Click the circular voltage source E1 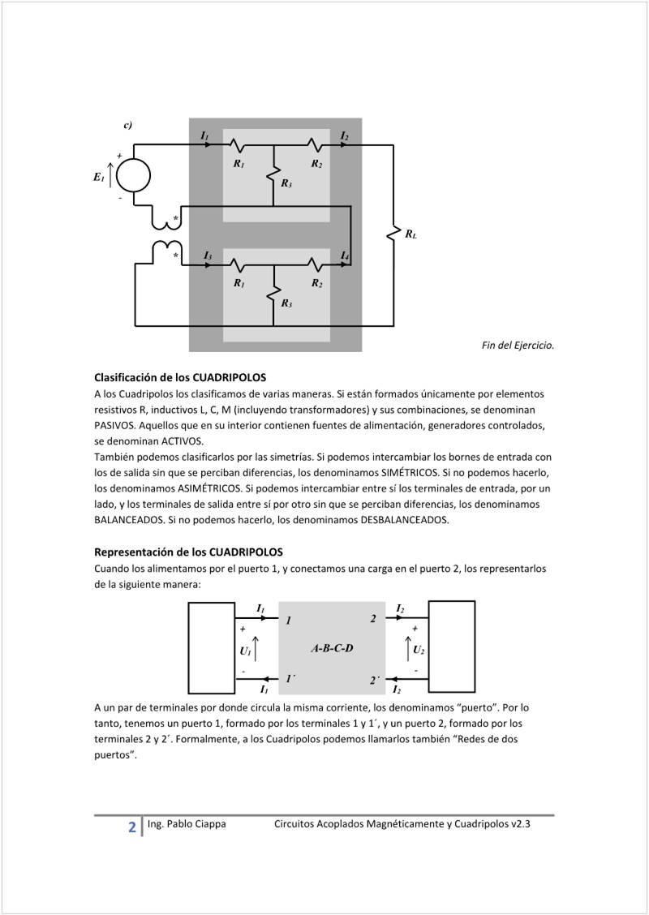pos(134,176)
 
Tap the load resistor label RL pos(411,235)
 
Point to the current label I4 pos(345,256)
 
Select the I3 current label pos(208,256)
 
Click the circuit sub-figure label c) pos(128,125)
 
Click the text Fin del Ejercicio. pos(518,346)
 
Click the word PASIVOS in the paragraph pos(116,425)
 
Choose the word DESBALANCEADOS pos(403,520)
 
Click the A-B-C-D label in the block pos(332,649)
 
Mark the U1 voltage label pos(245,651)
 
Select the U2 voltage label pos(419,650)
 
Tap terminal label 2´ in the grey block pos(375,680)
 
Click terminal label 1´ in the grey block pos(290,678)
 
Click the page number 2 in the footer pos(132,827)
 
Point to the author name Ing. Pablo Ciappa pos(187,824)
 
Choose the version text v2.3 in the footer pos(520,824)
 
